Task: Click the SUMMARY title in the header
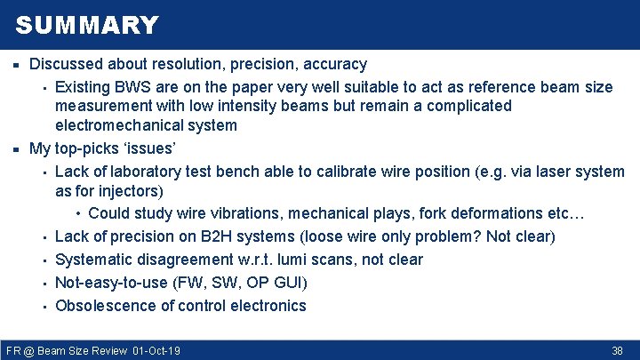click(87, 25)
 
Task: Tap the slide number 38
click(617, 351)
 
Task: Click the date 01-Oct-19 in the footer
click(156, 351)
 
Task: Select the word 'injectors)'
click(140, 191)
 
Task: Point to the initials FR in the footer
click(12, 351)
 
